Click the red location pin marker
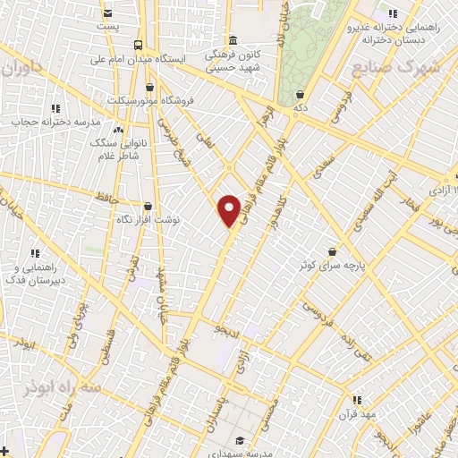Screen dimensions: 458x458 tap(230, 210)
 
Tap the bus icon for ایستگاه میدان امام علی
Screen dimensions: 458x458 tap(138, 45)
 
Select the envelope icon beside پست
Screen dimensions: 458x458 tap(108, 13)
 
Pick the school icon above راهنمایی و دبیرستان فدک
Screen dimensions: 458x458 tap(34, 253)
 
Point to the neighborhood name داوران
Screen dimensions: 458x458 tap(21, 68)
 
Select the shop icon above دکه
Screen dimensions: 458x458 tap(300, 93)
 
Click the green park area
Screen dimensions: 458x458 tap(309, 49)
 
